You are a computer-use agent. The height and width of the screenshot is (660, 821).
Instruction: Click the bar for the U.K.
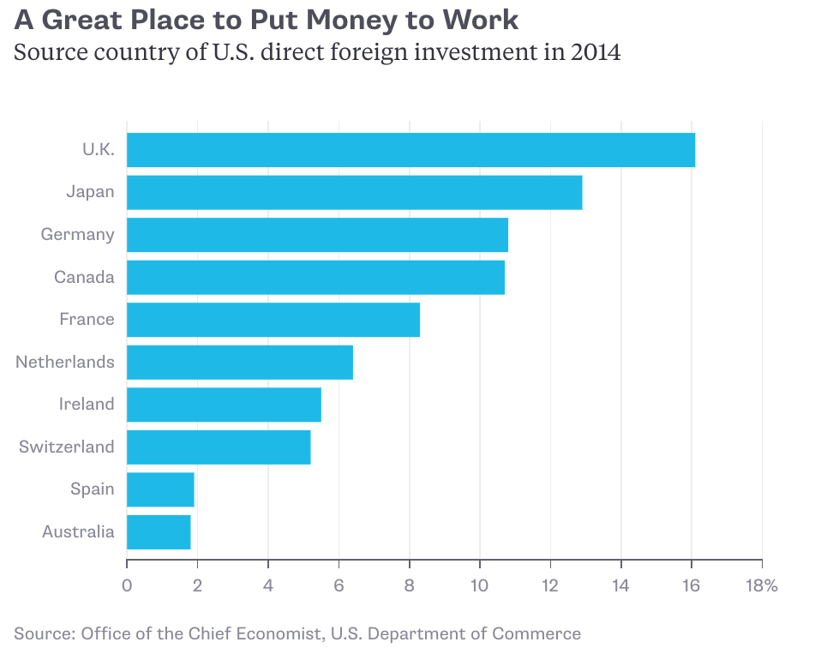click(x=410, y=150)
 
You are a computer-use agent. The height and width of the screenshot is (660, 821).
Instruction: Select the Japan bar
click(x=354, y=192)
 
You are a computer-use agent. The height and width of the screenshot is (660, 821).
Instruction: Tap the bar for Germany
click(x=317, y=235)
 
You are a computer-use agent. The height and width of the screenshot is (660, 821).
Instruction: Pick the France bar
click(x=273, y=320)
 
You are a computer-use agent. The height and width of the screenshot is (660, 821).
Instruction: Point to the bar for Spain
click(x=160, y=489)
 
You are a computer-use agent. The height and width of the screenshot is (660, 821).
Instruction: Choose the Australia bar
click(x=159, y=531)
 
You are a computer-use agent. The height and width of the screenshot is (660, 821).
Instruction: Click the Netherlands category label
click(x=65, y=362)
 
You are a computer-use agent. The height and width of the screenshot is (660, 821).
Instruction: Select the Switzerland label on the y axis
click(x=67, y=447)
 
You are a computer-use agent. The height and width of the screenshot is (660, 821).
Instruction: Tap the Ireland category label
click(x=86, y=404)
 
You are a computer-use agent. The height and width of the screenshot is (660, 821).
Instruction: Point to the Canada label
click(x=84, y=277)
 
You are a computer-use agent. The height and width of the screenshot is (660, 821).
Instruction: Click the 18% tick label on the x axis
click(x=761, y=586)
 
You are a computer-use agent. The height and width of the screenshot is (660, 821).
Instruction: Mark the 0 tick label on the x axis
click(x=127, y=586)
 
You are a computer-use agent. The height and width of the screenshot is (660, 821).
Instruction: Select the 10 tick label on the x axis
click(x=479, y=586)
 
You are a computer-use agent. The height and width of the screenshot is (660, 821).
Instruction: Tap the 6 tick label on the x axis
click(x=339, y=586)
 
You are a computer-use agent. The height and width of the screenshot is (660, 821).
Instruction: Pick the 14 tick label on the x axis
click(x=620, y=586)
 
